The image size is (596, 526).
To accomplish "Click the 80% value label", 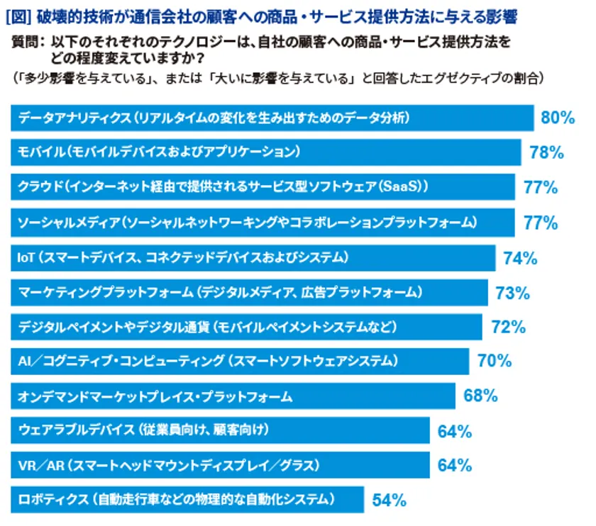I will (557, 118).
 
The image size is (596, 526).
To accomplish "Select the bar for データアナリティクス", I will (272, 118).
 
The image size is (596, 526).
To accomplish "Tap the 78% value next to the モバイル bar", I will (546, 152).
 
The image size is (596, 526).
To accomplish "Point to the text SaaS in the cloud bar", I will (406, 187).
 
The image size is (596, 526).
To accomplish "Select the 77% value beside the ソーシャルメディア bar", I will (541, 223).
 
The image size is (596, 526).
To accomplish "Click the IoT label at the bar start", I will (26, 257).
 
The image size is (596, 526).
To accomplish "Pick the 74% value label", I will (520, 258).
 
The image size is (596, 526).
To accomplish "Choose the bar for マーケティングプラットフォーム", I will (249, 292).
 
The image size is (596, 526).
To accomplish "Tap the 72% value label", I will (508, 328).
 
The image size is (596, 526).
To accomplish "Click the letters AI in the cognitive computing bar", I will (24, 362).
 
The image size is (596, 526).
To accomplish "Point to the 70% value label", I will (495, 362).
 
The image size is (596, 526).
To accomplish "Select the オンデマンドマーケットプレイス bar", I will (233, 396).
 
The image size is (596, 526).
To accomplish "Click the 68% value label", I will (480, 396).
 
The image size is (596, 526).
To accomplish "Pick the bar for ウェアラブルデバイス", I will (220, 430).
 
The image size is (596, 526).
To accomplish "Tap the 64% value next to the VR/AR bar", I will (455, 466).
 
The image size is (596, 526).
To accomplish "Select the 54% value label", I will (389, 500).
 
